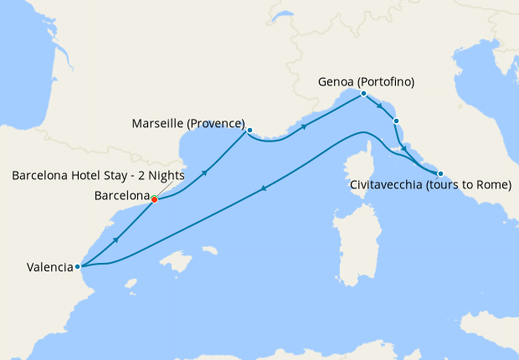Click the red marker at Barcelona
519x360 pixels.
(x=155, y=199)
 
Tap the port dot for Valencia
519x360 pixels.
(x=77, y=267)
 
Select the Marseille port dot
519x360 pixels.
(x=249, y=130)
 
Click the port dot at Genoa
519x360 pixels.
(x=363, y=94)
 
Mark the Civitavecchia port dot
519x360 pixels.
(x=440, y=173)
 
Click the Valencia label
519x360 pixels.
(x=49, y=268)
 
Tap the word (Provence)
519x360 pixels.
(x=218, y=124)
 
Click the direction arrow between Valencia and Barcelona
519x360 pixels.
(x=116, y=239)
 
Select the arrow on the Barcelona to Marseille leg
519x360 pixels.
(x=204, y=172)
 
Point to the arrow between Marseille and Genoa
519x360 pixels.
(x=303, y=127)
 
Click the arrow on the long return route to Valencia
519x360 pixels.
(x=265, y=188)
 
